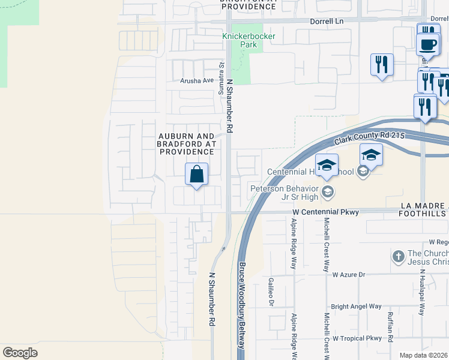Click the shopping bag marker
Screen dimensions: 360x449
pyautogui.click(x=196, y=175)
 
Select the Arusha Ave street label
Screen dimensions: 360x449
pyautogui.click(x=197, y=80)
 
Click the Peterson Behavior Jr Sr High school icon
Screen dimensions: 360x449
pyautogui.click(x=327, y=193)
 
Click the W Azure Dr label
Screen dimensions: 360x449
pyautogui.click(x=349, y=274)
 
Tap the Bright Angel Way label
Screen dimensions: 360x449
pyautogui.click(x=356, y=306)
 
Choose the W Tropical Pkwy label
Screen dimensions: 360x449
pyautogui.click(x=357, y=338)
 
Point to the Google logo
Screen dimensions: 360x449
pyautogui.click(x=20, y=352)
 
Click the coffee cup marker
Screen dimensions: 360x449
pyautogui.click(x=428, y=44)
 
